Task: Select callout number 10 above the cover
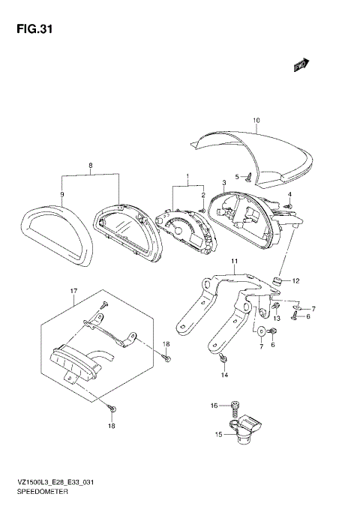256,121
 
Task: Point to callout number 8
90,165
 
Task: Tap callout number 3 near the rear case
224,183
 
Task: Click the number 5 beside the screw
235,177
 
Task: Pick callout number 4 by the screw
289,196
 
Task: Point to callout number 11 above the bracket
233,261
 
